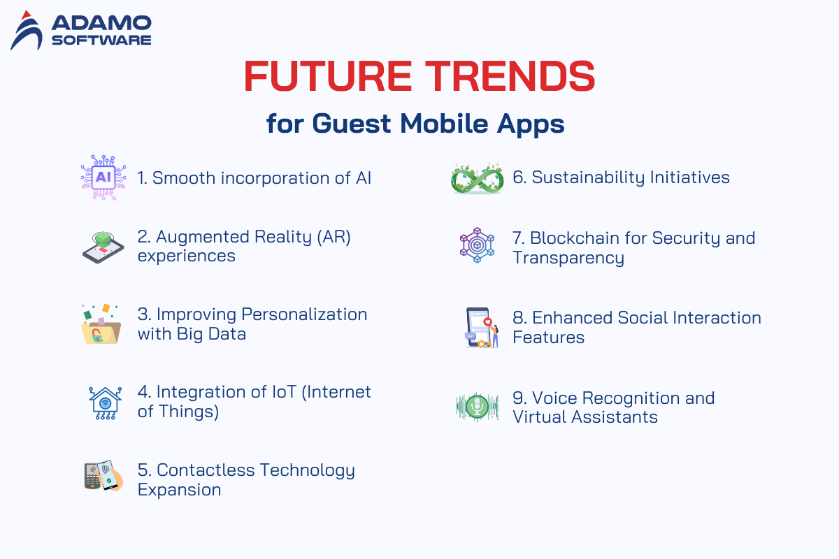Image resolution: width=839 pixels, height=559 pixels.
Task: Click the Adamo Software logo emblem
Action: [27, 30]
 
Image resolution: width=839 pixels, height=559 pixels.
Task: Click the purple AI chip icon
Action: [103, 177]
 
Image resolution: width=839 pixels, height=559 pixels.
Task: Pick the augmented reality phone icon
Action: [103, 247]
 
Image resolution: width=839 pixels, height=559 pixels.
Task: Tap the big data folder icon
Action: [101, 324]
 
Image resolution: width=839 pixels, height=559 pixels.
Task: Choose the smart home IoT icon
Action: [106, 403]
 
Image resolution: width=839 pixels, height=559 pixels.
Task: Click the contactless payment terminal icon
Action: [103, 476]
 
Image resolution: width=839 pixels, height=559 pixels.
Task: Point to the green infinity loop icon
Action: [477, 178]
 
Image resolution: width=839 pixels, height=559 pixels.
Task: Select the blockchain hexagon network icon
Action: [477, 245]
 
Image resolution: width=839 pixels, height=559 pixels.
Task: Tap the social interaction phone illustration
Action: [482, 328]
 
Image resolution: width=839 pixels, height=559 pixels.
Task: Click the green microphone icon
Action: [477, 407]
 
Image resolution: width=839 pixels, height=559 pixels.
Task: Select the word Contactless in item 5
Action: [206, 470]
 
